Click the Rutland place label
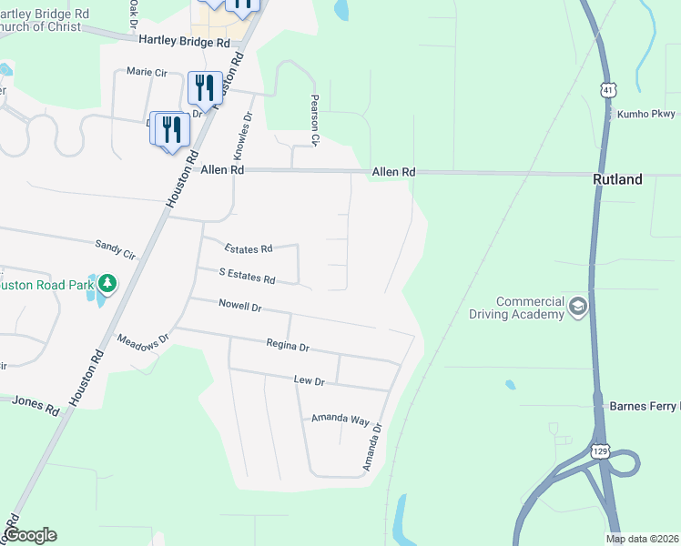tap(617, 179)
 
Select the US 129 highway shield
tap(598, 450)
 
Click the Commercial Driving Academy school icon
tap(576, 308)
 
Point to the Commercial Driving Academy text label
tap(529, 308)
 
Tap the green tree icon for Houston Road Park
tap(107, 284)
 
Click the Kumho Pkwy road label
tap(647, 115)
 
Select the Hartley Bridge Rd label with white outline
tap(185, 42)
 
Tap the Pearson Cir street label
tap(315, 119)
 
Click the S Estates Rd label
tap(247, 274)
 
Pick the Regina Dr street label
tap(288, 346)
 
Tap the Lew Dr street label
tap(309, 380)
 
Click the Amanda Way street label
tap(340, 419)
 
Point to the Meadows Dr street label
tap(144, 339)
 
